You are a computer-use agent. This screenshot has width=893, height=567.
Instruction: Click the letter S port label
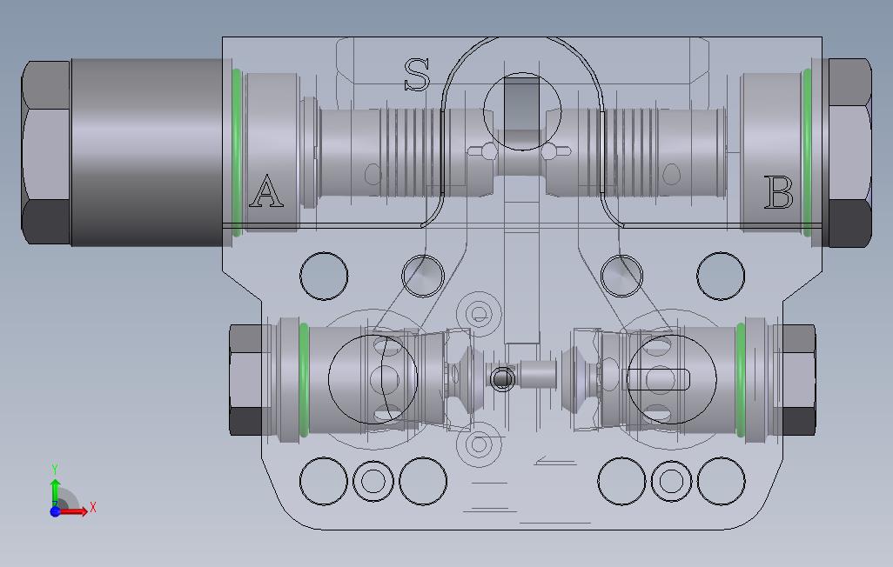point(417,75)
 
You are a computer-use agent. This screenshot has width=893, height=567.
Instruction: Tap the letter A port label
point(265,191)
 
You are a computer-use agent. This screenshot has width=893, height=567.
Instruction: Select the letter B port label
point(778,193)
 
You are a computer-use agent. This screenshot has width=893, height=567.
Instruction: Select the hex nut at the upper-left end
point(45,152)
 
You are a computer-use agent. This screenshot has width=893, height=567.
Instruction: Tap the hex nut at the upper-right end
point(849,152)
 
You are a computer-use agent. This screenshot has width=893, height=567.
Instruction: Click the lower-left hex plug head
point(246,379)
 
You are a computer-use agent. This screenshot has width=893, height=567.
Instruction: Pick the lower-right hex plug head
point(797,379)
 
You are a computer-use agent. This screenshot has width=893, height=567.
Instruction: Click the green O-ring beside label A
point(236,152)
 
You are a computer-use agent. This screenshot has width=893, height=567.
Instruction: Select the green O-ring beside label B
point(808,152)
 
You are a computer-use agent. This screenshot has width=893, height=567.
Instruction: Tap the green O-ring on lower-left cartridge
point(304,379)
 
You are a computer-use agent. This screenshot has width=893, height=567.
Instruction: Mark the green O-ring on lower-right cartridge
point(740,379)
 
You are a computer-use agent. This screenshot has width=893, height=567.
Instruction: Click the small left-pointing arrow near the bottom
point(554,461)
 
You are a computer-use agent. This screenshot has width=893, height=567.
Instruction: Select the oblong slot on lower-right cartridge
point(658,379)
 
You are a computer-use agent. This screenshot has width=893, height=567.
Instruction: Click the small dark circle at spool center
point(502,379)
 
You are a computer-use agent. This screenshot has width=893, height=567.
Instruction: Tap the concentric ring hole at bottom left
point(373,481)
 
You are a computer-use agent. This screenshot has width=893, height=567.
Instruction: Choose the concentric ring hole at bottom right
point(670,481)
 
